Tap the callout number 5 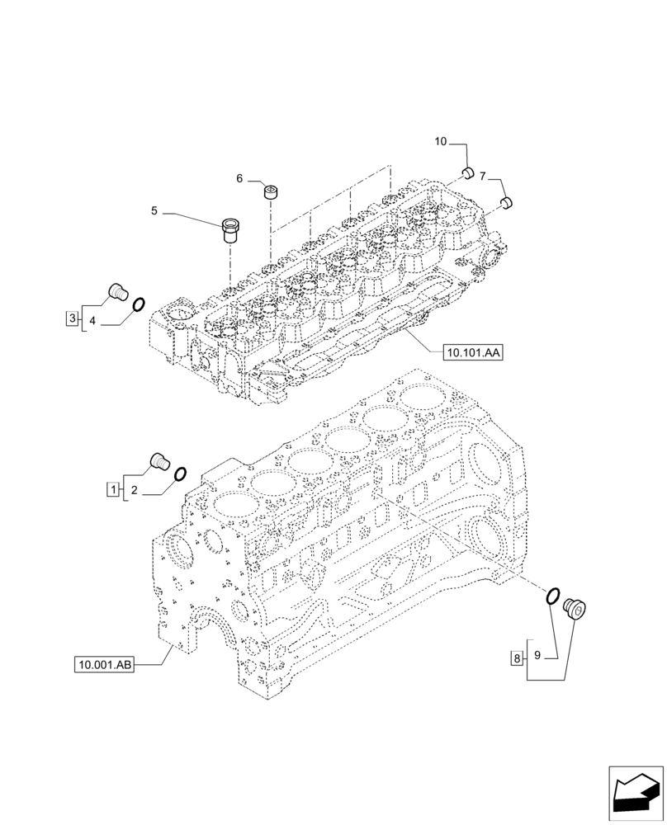(154, 212)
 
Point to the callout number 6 (239, 179)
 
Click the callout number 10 (441, 143)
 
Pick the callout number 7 (483, 175)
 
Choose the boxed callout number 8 (517, 658)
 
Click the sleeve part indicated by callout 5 (232, 229)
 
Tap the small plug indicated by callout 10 (466, 172)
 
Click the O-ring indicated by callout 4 (140, 304)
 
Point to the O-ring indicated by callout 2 (179, 474)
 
